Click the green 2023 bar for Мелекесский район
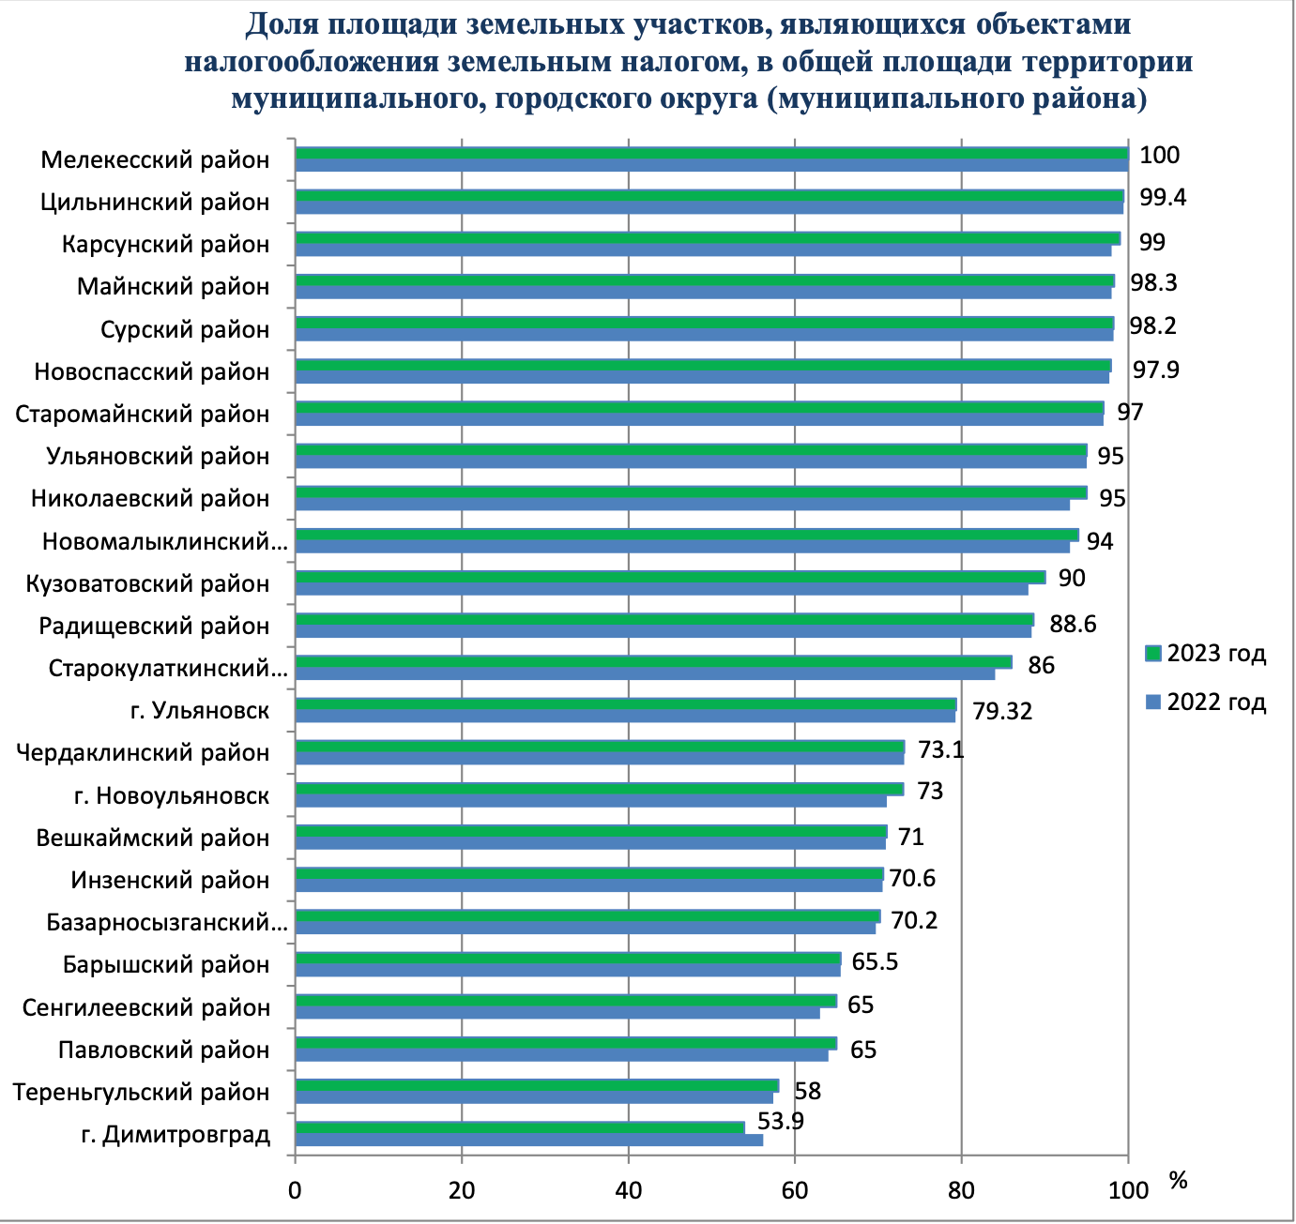[x=711, y=154]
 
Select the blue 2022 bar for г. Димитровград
[x=528, y=1141]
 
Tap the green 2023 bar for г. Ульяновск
[x=625, y=704]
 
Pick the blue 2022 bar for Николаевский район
[x=682, y=505]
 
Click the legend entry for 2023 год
[x=1206, y=654]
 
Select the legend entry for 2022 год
[x=1206, y=702]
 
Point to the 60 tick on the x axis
[x=795, y=1190]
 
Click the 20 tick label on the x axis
[x=462, y=1190]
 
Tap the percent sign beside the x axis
[x=1179, y=1181]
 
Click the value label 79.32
[x=1002, y=712]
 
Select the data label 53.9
[x=780, y=1121]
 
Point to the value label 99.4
[x=1162, y=198]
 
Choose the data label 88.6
[x=1073, y=624]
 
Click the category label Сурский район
[x=185, y=330]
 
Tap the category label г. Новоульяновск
[x=172, y=796]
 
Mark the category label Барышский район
[x=166, y=965]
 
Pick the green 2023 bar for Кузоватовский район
[x=670, y=577]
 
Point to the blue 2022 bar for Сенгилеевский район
[x=557, y=1013]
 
